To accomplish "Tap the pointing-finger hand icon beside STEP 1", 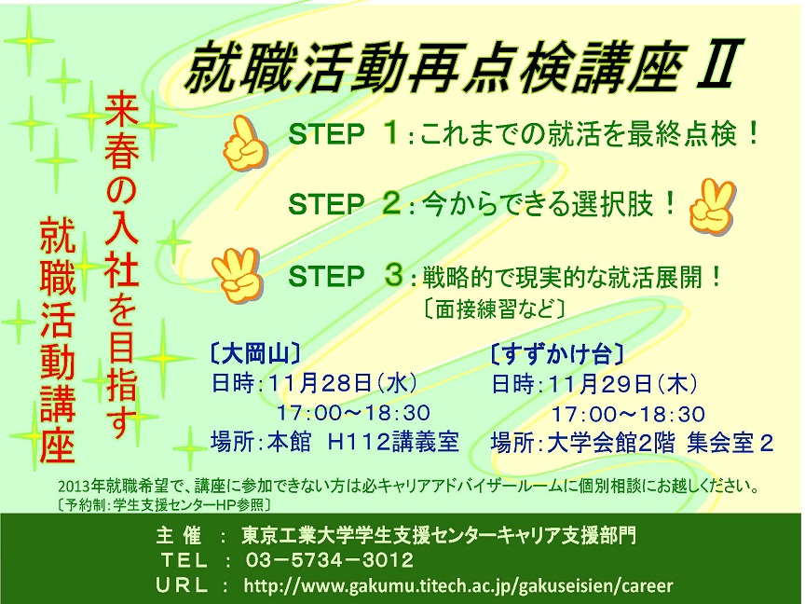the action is click(245, 144).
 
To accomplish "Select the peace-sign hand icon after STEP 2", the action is click(713, 206).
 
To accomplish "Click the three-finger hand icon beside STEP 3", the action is click(238, 275).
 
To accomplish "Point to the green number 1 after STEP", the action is click(391, 132).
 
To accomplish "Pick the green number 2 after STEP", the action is click(391, 203).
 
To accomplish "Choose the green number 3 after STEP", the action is click(394, 274).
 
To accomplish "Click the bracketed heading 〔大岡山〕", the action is click(254, 354).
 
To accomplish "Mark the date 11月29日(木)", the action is click(622, 384).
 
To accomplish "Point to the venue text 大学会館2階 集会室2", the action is click(661, 443).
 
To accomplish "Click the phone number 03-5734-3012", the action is click(330, 560).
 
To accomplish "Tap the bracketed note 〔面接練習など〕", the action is click(495, 309).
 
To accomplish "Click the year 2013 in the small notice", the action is click(70, 487).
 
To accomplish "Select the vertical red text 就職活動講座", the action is click(58, 339).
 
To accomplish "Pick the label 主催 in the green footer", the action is click(178, 536).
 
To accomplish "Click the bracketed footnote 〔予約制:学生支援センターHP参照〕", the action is click(164, 505).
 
